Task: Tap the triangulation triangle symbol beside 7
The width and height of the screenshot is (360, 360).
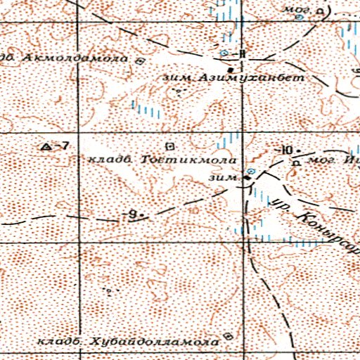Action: (x=47, y=146)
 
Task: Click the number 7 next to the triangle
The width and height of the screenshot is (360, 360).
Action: (x=65, y=146)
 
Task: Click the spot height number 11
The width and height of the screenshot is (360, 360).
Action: (x=241, y=53)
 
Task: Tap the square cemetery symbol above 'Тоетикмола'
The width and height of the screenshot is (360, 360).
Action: (x=169, y=146)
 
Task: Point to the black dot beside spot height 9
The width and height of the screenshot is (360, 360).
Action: (x=141, y=214)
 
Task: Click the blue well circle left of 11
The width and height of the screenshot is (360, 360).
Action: (x=224, y=53)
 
